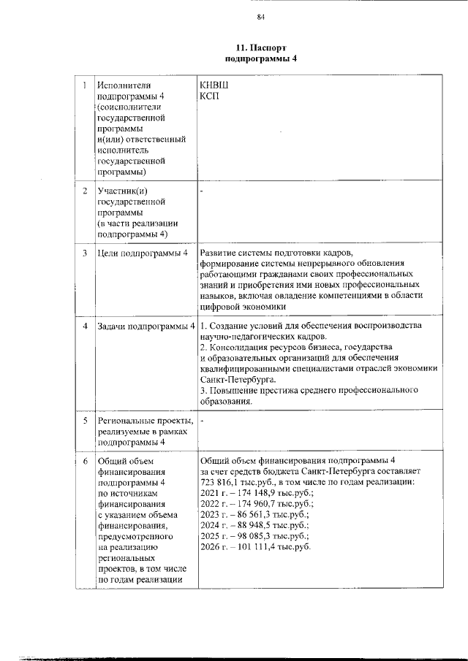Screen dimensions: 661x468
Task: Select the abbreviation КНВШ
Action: (213, 85)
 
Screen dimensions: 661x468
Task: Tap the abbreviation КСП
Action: (209, 96)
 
